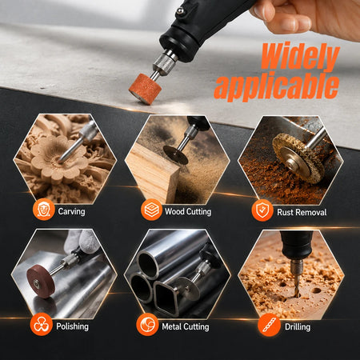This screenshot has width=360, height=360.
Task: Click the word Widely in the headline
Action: pos(301,57)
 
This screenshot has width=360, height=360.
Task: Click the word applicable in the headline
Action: pos(277,87)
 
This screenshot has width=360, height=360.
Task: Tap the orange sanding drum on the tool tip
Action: pos(145,89)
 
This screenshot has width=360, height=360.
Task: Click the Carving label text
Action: pos(71,211)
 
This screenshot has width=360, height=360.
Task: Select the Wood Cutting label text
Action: pos(188,211)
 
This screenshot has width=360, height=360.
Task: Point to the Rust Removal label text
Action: pos(302,212)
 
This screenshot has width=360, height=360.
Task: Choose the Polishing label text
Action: pos(72,326)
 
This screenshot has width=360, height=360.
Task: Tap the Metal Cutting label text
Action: pos(186,326)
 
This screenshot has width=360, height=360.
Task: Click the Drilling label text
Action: pos(298,327)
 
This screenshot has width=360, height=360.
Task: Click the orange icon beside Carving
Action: pos(44,210)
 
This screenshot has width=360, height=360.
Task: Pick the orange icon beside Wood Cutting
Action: pos(151,210)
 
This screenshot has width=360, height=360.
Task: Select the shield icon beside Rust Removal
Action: pos(262,210)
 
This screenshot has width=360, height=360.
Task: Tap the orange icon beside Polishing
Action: pos(42,324)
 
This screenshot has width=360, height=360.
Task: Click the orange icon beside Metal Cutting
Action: pos(147,325)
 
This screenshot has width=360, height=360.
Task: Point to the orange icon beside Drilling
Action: pos(269,325)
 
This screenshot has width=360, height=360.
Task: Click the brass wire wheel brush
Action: pos(298,158)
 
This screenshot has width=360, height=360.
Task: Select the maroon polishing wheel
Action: pos(42,282)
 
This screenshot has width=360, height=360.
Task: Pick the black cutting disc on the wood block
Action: pos(176,155)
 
